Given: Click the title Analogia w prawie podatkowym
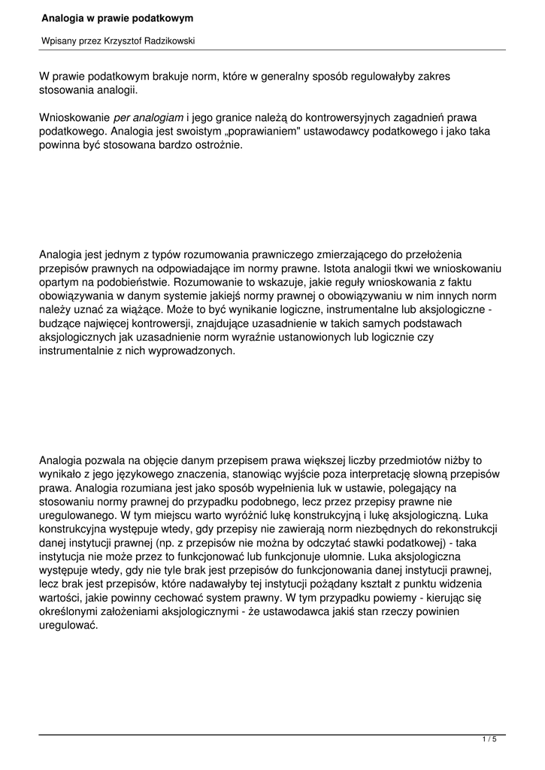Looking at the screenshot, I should (117, 17).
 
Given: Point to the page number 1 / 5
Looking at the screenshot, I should (489, 740).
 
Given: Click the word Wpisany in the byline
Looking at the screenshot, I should (59, 41).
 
